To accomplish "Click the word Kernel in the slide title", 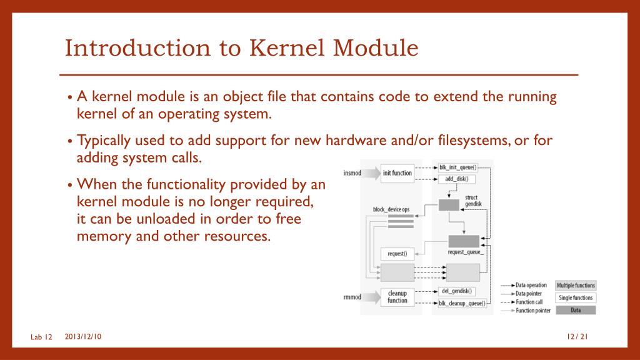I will (x=282, y=48).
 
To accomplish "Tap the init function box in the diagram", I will (x=397, y=173).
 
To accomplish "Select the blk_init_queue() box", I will (x=457, y=167).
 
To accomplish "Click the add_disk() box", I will (x=457, y=179).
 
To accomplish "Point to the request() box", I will (x=397, y=254).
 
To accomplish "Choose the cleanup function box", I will (x=397, y=297).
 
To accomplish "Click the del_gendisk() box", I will (x=457, y=291).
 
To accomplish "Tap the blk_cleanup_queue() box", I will (x=462, y=303).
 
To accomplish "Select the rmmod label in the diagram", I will (x=352, y=297).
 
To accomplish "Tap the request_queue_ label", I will (x=466, y=252).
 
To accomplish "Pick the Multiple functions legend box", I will (x=576, y=285).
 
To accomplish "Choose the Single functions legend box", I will (x=576, y=297).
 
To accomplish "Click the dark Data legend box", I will (x=576, y=310).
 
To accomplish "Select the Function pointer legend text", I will (x=533, y=311).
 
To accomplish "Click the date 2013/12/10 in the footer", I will (x=83, y=337).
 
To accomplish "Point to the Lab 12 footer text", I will (x=41, y=337).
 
